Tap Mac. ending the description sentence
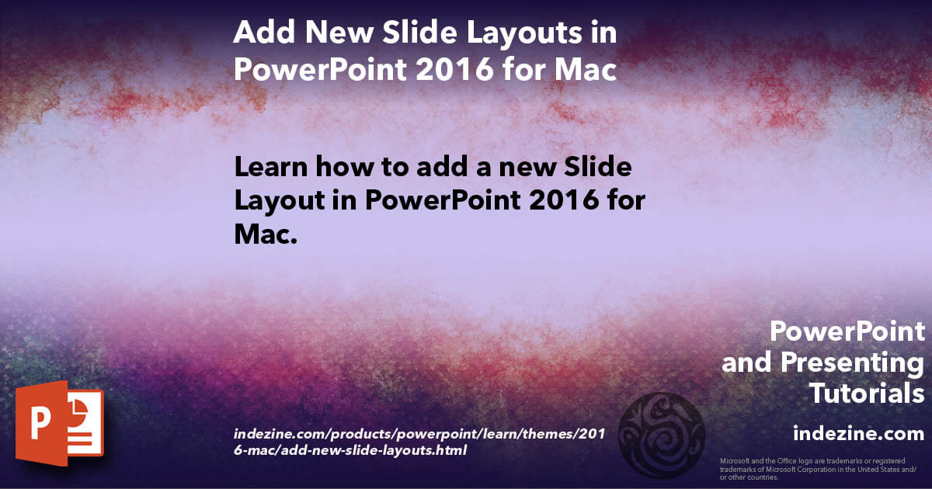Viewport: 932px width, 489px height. pos(266,234)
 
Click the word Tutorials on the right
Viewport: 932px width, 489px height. pos(867,394)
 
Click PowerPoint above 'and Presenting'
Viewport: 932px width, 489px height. pos(847,332)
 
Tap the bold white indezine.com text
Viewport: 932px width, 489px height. pos(858,433)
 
